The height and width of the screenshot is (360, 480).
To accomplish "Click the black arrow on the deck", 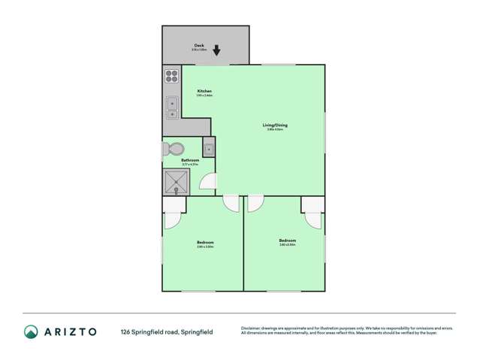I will click(x=216, y=50).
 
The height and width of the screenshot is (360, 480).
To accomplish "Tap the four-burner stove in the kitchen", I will click(x=171, y=75).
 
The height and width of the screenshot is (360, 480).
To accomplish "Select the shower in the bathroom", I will click(x=176, y=181).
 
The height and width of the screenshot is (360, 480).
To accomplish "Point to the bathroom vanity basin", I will click(x=208, y=147).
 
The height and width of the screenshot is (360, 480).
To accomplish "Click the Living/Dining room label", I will click(x=275, y=125).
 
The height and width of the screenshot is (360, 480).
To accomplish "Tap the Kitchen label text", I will click(x=204, y=91).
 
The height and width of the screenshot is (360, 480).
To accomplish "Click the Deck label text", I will click(x=199, y=45).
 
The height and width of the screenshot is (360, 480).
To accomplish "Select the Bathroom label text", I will click(x=190, y=160).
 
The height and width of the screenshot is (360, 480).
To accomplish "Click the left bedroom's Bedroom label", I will click(x=205, y=242).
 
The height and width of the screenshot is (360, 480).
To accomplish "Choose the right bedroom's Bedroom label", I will click(x=287, y=241).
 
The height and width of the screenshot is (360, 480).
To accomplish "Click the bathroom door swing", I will click(x=208, y=182).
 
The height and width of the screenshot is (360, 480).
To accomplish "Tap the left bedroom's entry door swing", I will click(x=231, y=203).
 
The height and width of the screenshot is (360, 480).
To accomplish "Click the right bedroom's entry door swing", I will click(x=255, y=203).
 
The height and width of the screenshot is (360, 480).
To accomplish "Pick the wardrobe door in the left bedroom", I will click(x=171, y=220).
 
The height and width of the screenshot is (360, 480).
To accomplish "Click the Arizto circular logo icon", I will click(x=31, y=331).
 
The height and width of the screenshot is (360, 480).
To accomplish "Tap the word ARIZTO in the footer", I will click(x=71, y=331).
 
